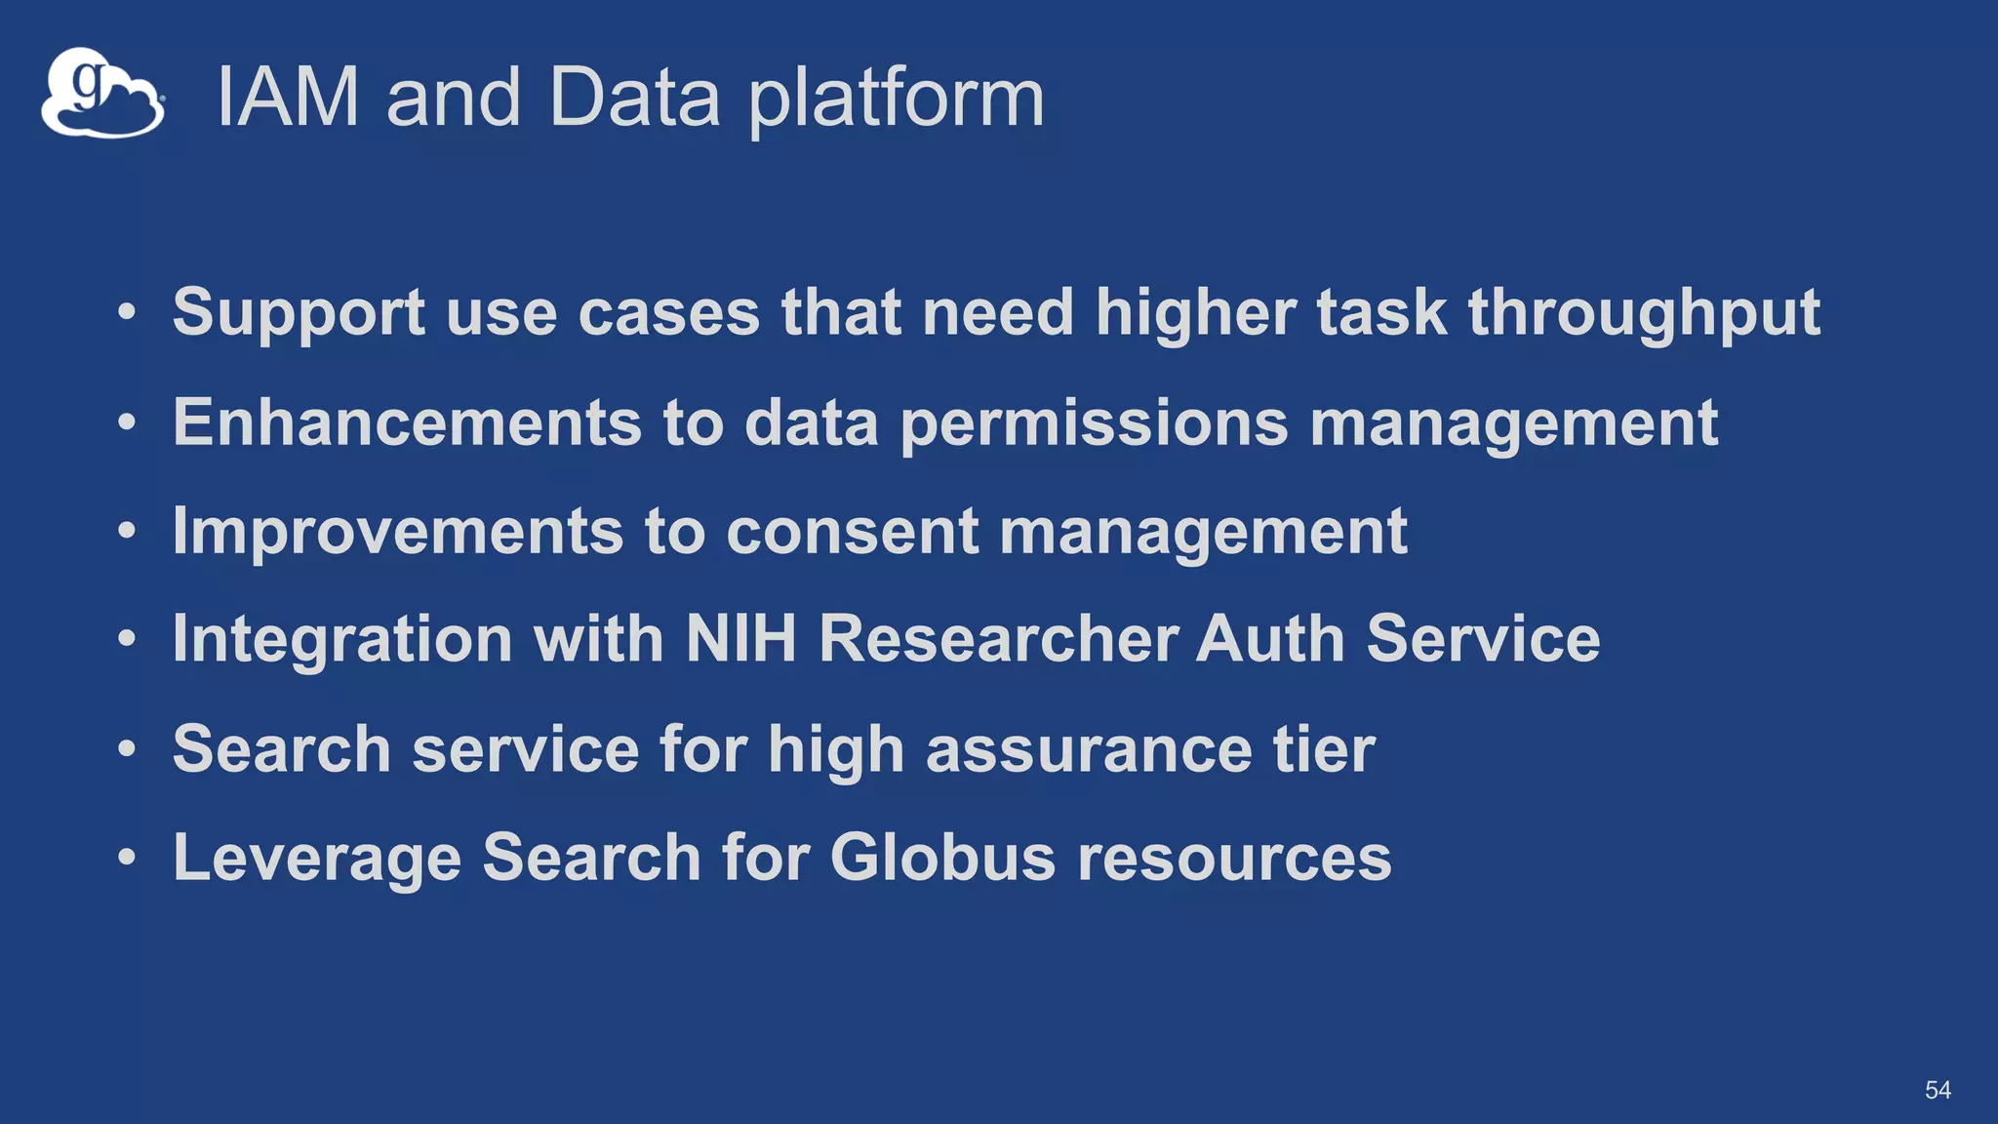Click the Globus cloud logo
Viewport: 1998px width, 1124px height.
pyautogui.click(x=102, y=93)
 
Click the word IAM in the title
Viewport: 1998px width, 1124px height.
pyautogui.click(x=288, y=98)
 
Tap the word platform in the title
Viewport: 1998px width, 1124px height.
pyautogui.click(x=896, y=100)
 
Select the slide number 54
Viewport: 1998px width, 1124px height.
pyautogui.click(x=1938, y=1090)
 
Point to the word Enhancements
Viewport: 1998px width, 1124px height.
pyautogui.click(x=407, y=422)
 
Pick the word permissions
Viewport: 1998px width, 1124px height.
pyautogui.click(x=1094, y=424)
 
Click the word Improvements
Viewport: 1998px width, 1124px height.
pyautogui.click(x=397, y=532)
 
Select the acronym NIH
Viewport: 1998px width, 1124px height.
pyautogui.click(x=741, y=639)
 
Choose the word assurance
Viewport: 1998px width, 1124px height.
pyautogui.click(x=1088, y=749)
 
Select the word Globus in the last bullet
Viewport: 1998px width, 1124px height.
pyautogui.click(x=942, y=858)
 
